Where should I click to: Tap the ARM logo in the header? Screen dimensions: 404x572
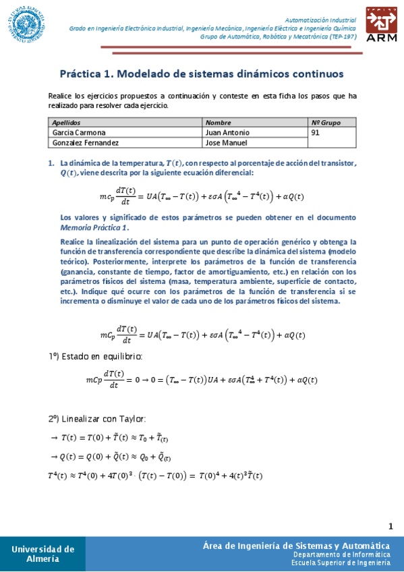click(382, 26)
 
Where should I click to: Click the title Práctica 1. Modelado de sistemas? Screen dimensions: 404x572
click(202, 73)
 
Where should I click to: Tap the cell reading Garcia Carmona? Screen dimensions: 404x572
click(79, 133)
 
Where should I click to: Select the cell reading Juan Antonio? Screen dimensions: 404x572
click(227, 133)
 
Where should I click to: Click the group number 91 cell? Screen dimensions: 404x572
click(316, 133)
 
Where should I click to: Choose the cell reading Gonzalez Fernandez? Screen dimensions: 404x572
click(86, 143)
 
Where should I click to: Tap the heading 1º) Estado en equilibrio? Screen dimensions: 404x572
click(95, 356)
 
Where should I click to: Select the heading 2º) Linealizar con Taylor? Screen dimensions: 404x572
click(94, 418)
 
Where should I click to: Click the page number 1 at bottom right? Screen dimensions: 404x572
click(391, 525)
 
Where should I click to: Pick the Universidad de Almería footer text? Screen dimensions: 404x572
click(42, 554)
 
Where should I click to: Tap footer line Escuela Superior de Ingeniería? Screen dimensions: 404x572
click(341, 562)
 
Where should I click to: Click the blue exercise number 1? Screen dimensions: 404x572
click(51, 163)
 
